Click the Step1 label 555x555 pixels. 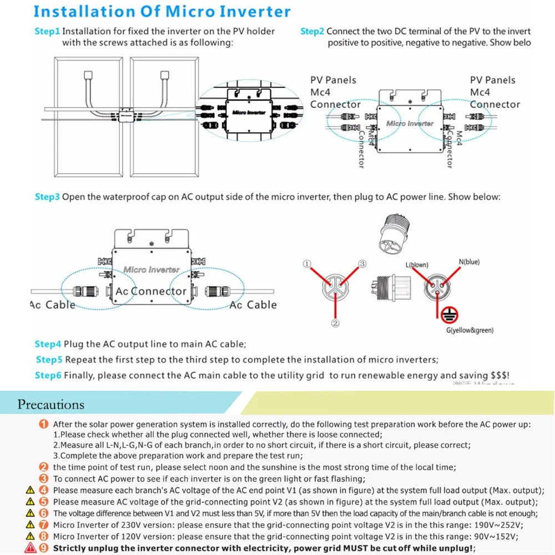coord(47,31)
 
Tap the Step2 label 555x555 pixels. coord(312,31)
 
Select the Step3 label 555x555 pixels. coord(47,196)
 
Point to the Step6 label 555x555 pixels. coord(48,375)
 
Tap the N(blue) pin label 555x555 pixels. coord(469,262)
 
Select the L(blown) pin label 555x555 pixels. coord(417,265)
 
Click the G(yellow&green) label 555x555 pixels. coord(470,330)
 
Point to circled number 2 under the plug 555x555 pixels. coord(335,323)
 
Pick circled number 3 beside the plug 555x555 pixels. coord(362,264)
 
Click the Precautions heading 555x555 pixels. coord(51,404)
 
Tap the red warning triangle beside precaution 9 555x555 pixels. coord(29,548)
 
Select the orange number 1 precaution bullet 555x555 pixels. coord(44,424)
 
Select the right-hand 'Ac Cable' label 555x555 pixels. coord(253,305)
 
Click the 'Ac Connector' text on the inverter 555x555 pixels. coord(151,291)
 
